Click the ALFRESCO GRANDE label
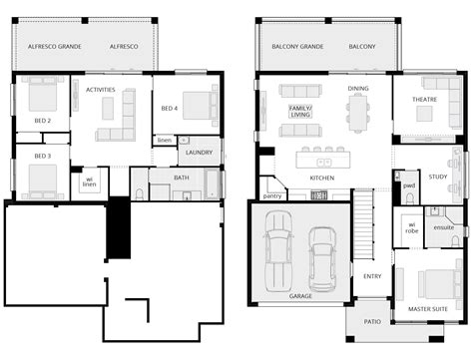tap(54, 47)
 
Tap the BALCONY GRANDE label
tap(297, 47)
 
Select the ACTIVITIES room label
tap(101, 90)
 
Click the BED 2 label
tap(42, 121)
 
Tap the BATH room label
tap(181, 179)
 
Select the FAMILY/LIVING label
tap(299, 111)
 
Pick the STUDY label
tap(438, 177)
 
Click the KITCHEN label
tap(321, 178)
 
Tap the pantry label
tap(272, 196)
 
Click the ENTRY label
tap(372, 276)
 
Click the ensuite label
tap(444, 227)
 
